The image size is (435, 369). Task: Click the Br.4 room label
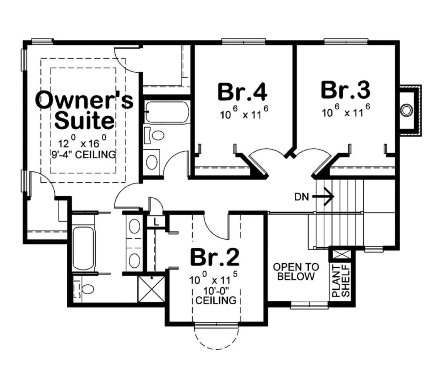point(243,92)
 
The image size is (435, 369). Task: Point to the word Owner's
point(85,100)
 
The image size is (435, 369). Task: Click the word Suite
point(85,120)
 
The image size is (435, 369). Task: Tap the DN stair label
point(302,197)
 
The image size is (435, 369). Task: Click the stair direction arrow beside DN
point(323,196)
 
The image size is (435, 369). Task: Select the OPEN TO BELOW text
point(296,272)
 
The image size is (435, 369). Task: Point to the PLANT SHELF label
point(341,281)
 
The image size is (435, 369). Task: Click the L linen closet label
point(156,222)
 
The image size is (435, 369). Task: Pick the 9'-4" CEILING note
point(83,154)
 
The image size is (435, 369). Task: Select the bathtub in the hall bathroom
point(167,112)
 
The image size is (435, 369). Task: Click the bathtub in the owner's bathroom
point(83,248)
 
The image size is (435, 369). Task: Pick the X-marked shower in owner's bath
point(152,289)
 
